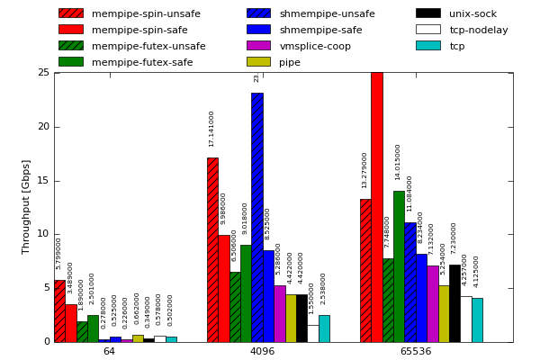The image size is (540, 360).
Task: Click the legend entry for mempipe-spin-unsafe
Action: (x=146, y=13)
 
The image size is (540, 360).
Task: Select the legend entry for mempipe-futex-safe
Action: (x=142, y=62)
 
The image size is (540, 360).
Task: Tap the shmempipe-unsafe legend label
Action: (x=327, y=13)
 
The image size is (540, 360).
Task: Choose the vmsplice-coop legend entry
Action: (x=315, y=46)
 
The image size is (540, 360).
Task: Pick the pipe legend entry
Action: (x=290, y=62)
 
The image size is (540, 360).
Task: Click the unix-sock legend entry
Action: (x=472, y=13)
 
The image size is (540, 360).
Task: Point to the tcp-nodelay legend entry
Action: (x=478, y=30)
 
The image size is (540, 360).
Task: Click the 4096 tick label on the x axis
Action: (x=262, y=352)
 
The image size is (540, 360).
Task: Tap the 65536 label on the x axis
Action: (x=415, y=352)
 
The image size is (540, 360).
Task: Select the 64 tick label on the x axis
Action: (x=109, y=352)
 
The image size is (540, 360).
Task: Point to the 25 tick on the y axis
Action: (x=43, y=73)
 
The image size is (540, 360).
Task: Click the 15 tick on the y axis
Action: (x=43, y=181)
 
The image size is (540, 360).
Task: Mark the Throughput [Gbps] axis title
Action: (x=26, y=206)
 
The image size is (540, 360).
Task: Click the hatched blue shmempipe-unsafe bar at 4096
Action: (x=256, y=217)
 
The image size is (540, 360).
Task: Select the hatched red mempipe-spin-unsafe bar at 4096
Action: (x=212, y=249)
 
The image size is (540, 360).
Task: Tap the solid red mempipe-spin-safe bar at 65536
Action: (x=376, y=207)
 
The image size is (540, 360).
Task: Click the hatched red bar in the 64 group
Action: (x=59, y=310)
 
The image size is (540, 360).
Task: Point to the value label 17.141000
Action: (x=212, y=129)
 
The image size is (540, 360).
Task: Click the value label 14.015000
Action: (x=398, y=162)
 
